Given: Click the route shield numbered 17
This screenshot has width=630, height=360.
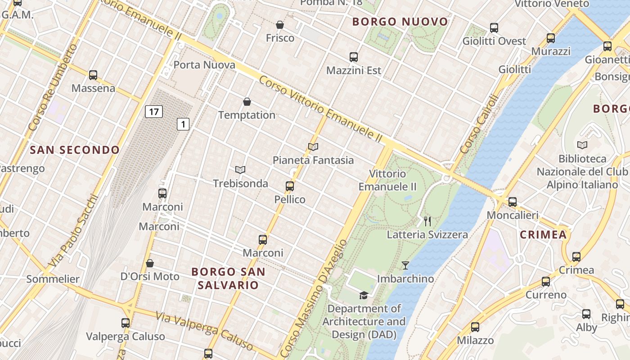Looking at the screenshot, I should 153,111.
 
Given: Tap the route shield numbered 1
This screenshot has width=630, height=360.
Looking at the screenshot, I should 183,124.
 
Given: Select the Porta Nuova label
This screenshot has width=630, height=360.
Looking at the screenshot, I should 204,65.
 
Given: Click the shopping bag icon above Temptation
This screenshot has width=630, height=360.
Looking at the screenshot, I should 247,102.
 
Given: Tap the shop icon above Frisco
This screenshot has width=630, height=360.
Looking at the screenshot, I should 280,25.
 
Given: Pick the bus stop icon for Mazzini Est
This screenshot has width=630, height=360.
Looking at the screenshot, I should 354,57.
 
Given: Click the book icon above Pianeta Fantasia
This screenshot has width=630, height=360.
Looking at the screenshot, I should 313,147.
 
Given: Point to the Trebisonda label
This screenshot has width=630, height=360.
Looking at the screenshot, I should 240,184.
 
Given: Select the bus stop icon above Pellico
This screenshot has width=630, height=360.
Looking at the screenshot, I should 290,186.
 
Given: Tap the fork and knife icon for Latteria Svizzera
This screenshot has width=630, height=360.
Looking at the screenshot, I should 427,221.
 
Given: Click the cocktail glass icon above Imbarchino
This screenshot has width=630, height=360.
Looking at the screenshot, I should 405,265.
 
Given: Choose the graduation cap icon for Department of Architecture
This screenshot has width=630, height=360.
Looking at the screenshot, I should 364,295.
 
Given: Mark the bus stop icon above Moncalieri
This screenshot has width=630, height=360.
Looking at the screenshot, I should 513,202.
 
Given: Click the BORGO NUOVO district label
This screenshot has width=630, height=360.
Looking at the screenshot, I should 400,22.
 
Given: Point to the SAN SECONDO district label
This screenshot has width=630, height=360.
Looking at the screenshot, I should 75,150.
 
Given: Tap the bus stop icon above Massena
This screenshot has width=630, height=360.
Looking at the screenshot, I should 93,75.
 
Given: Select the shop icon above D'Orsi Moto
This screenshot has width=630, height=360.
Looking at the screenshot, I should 150,263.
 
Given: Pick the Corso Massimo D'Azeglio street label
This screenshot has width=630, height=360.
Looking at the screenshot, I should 314,297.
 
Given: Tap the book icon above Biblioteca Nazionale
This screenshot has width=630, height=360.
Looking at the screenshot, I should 582,145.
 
